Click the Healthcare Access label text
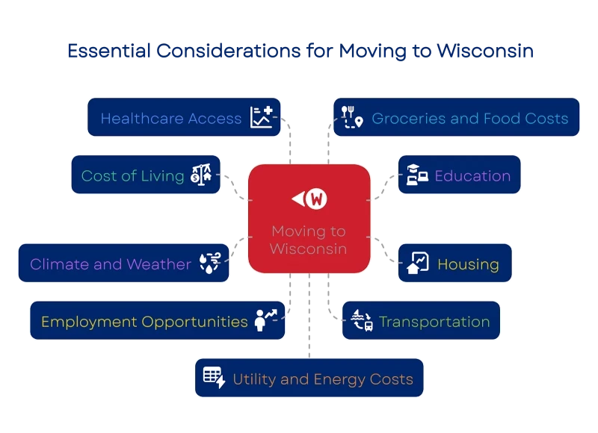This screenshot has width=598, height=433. point(171,118)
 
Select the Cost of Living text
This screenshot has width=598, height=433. point(132,175)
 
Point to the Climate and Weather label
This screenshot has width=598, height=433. point(111,264)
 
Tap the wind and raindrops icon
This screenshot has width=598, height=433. point(210,264)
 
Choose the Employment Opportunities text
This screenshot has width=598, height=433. point(144,322)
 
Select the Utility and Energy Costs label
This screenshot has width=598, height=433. point(323,379)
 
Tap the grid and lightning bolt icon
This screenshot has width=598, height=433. point(214,379)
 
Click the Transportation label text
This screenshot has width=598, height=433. point(434,322)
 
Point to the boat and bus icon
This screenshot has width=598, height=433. point(362,322)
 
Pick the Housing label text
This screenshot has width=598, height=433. point(468,264)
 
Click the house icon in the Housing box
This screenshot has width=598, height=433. point(417,264)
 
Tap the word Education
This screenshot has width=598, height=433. point(472,176)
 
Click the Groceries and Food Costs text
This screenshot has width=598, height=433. point(470,118)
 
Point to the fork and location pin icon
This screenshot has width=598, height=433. point(351,117)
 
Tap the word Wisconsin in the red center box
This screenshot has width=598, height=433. point(308,249)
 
